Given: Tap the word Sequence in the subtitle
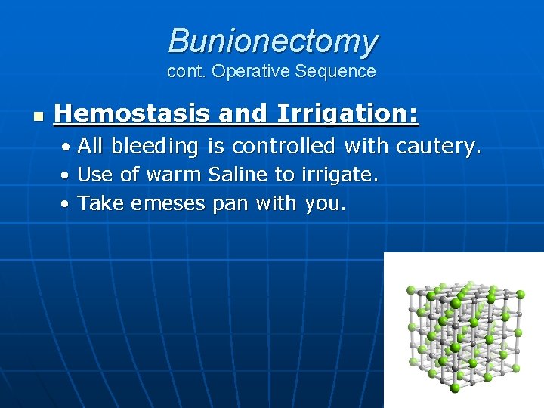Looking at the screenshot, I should click(x=337, y=72).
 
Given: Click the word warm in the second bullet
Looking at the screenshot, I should click(x=173, y=175).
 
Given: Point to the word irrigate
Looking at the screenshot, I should click(x=339, y=175).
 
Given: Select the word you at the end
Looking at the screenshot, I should click(x=325, y=202).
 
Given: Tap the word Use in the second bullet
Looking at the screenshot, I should click(x=96, y=175).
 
